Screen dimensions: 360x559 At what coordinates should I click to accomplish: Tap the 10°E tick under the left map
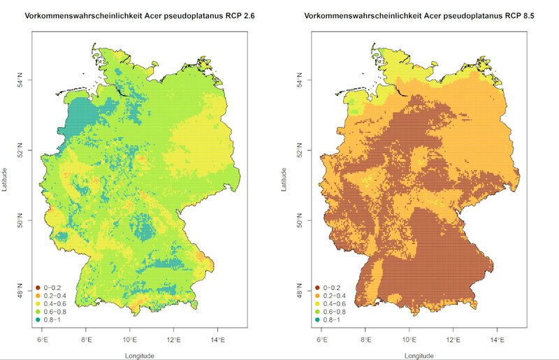click(129, 340)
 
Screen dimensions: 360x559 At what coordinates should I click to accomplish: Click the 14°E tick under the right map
click(498, 340)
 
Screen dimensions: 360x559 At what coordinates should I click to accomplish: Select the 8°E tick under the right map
click(366, 340)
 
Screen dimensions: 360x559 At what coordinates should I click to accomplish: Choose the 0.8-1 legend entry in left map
click(52, 319)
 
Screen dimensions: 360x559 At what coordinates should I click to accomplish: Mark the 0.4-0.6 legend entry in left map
click(55, 303)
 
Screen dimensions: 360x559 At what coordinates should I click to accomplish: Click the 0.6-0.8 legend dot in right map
click(318, 312)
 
